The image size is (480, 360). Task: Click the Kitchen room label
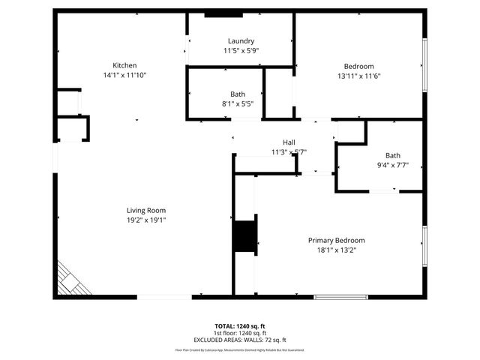(x=124, y=65)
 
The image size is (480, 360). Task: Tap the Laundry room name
(x=241, y=40)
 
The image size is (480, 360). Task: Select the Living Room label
(x=145, y=210)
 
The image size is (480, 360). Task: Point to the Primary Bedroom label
(x=336, y=240)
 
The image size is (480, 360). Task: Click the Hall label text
(x=289, y=142)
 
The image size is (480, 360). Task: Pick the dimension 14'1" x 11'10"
(x=124, y=75)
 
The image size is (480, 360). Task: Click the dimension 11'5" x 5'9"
(x=241, y=50)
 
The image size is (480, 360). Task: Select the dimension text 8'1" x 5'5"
(x=238, y=103)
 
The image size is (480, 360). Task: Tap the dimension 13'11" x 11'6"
(x=358, y=75)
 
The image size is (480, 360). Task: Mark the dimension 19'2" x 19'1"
(x=145, y=220)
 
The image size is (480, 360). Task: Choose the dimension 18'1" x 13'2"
(x=336, y=250)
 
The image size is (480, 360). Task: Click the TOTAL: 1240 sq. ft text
(x=240, y=326)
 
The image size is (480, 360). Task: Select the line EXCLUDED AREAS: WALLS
(x=240, y=340)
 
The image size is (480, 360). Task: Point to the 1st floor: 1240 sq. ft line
(x=240, y=333)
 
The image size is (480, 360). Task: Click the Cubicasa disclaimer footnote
(x=240, y=349)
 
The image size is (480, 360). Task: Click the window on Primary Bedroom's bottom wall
(x=340, y=297)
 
